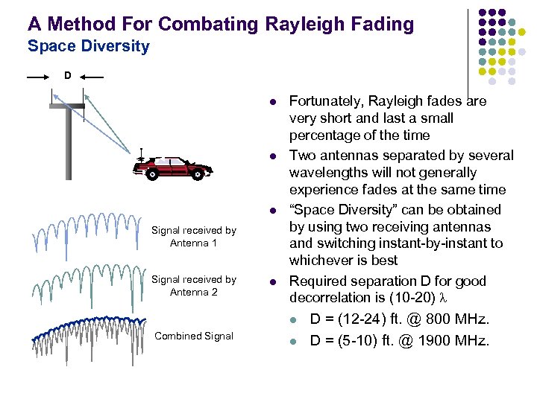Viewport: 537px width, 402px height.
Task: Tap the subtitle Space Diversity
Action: click(88, 47)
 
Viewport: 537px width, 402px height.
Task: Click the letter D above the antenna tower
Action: click(67, 75)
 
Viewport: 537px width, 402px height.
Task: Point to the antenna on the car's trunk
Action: click(141, 156)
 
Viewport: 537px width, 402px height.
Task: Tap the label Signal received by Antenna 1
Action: click(193, 237)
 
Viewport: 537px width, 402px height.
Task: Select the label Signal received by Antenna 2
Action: click(193, 285)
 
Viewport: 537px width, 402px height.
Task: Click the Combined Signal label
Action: click(193, 336)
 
